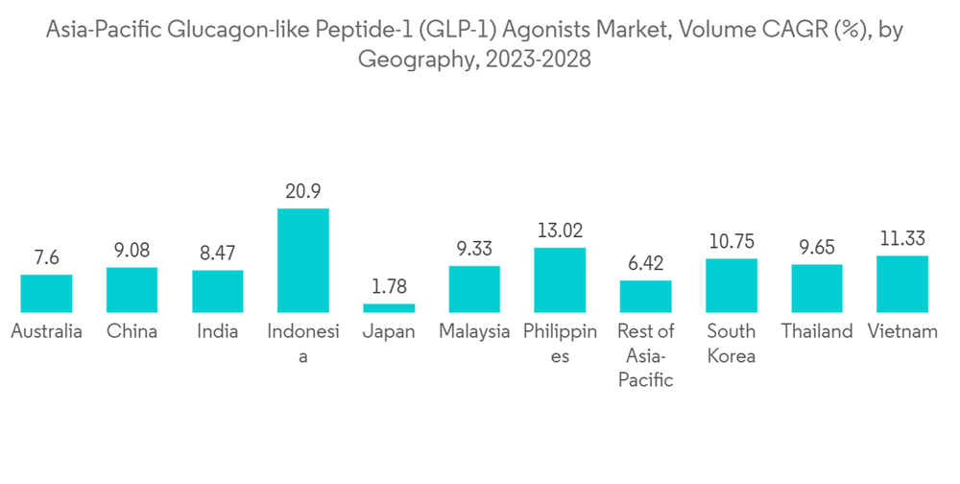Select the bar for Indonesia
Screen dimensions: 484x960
tap(303, 260)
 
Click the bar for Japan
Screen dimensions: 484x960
tap(389, 307)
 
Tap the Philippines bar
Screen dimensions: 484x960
tap(560, 279)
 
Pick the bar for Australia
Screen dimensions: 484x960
tap(46, 293)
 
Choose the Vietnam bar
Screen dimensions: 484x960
tap(902, 283)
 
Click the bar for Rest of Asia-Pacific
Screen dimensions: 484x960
tap(645, 296)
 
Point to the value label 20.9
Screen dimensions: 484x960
tap(303, 192)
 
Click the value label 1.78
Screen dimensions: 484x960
tap(389, 288)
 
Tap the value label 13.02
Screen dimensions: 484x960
tap(560, 231)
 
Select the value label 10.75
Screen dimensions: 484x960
tap(731, 242)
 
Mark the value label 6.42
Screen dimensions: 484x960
tap(645, 264)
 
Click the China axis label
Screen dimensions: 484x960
tap(132, 332)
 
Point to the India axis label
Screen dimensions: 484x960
tap(217, 332)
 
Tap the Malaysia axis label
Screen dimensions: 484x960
tap(474, 332)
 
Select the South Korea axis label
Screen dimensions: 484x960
tap(731, 344)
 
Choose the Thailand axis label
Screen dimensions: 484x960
tap(816, 332)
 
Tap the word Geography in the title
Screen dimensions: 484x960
tap(415, 60)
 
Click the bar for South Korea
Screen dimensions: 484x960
tap(731, 285)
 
